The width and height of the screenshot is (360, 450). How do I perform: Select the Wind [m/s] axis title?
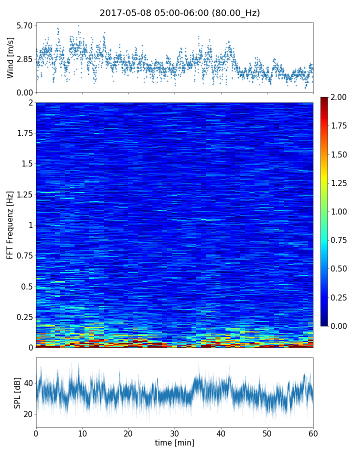coord(10,58)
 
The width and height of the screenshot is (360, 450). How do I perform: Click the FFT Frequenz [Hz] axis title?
coord(10,225)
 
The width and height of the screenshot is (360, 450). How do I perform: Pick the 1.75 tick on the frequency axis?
coord(23,133)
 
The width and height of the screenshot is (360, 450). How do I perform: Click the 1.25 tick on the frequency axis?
coord(23,194)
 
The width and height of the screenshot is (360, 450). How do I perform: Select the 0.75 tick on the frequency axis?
coord(23,256)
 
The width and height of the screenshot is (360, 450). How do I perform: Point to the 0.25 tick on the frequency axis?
coord(23,317)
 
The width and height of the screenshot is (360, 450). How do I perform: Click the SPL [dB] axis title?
coord(17,392)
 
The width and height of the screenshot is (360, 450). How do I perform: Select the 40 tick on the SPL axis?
coord(28,383)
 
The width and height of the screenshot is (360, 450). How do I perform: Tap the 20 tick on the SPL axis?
coord(28,414)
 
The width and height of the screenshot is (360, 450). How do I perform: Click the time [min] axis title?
coord(174,442)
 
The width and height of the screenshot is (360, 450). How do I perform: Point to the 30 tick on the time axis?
coord(174,433)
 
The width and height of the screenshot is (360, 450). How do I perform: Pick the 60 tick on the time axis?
coord(313,433)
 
